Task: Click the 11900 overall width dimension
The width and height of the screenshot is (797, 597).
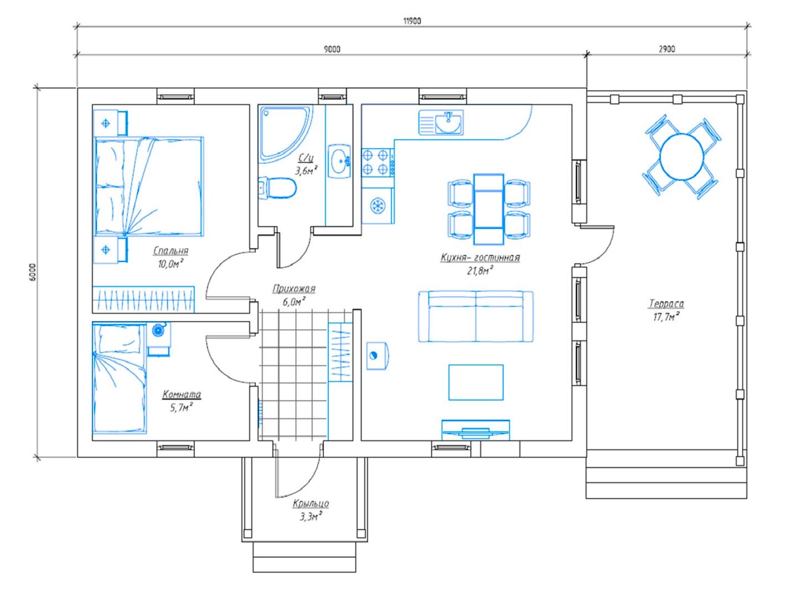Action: (x=412, y=21)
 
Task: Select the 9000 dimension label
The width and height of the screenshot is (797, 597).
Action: (x=332, y=49)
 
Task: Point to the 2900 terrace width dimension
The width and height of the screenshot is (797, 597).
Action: (x=666, y=49)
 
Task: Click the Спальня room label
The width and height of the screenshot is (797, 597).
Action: (x=170, y=251)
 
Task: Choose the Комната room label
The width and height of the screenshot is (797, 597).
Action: (x=182, y=394)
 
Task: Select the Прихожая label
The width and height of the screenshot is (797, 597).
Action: (x=294, y=289)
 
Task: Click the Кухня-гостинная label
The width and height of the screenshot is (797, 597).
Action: (x=480, y=258)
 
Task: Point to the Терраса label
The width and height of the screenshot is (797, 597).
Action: (x=666, y=303)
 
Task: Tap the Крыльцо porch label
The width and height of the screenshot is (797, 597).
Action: (x=311, y=504)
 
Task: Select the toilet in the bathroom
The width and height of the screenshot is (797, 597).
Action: (x=278, y=188)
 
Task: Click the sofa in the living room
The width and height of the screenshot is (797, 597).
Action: (x=475, y=316)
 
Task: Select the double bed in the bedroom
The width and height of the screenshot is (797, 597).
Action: (x=149, y=186)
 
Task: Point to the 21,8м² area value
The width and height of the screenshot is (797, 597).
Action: (x=480, y=270)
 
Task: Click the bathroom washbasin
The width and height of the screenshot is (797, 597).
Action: (x=339, y=161)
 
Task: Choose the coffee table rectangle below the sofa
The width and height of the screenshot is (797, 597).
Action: (x=476, y=383)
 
